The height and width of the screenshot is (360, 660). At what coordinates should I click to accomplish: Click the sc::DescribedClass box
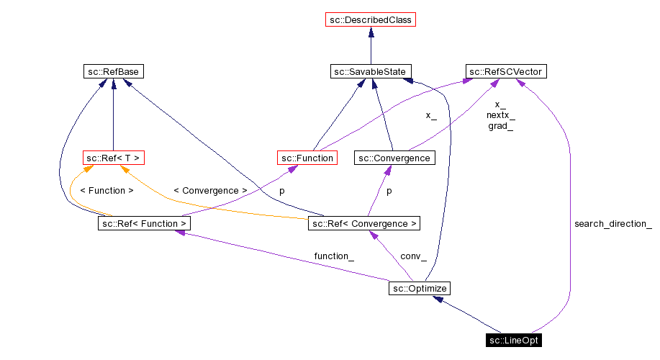coord(371,20)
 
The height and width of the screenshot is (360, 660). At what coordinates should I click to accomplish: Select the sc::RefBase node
coord(113,71)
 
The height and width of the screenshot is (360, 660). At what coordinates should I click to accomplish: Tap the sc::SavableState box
coord(371,71)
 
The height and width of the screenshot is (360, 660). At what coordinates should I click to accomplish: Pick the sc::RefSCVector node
coord(505,71)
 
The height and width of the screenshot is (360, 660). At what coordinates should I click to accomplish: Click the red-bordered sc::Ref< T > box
coord(113,158)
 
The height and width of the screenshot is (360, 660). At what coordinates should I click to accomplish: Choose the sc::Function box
coord(307,158)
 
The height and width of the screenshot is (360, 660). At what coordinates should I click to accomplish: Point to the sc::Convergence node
coord(394,158)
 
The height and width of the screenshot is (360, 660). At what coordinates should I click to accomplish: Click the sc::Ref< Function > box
coord(144,223)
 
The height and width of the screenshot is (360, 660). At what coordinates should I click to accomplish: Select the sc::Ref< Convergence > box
coord(363,223)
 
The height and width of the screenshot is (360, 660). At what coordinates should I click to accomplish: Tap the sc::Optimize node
coord(419,288)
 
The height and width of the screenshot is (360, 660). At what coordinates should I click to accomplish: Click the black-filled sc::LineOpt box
coord(512,340)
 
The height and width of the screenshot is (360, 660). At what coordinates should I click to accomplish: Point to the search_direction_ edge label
coord(612,224)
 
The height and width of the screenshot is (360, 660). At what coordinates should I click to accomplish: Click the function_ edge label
coord(333,256)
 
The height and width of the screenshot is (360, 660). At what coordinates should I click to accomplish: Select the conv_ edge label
coord(413,256)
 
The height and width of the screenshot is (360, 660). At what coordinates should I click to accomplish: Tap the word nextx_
coord(500,115)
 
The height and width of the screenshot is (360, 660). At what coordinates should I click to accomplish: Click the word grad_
coord(500,126)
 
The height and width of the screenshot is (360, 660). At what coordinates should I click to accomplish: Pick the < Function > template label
coord(107,191)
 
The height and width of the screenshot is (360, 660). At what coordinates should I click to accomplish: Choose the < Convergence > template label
coord(210,191)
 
